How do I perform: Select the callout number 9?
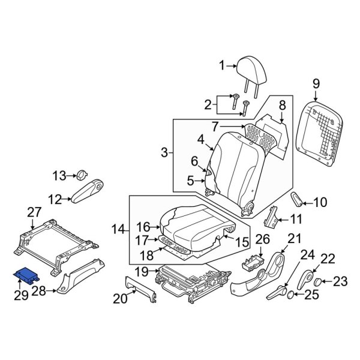click(x=316, y=85)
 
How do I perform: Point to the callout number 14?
click(x=118, y=229)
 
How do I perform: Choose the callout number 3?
click(x=164, y=154)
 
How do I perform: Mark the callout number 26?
click(x=259, y=240)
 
